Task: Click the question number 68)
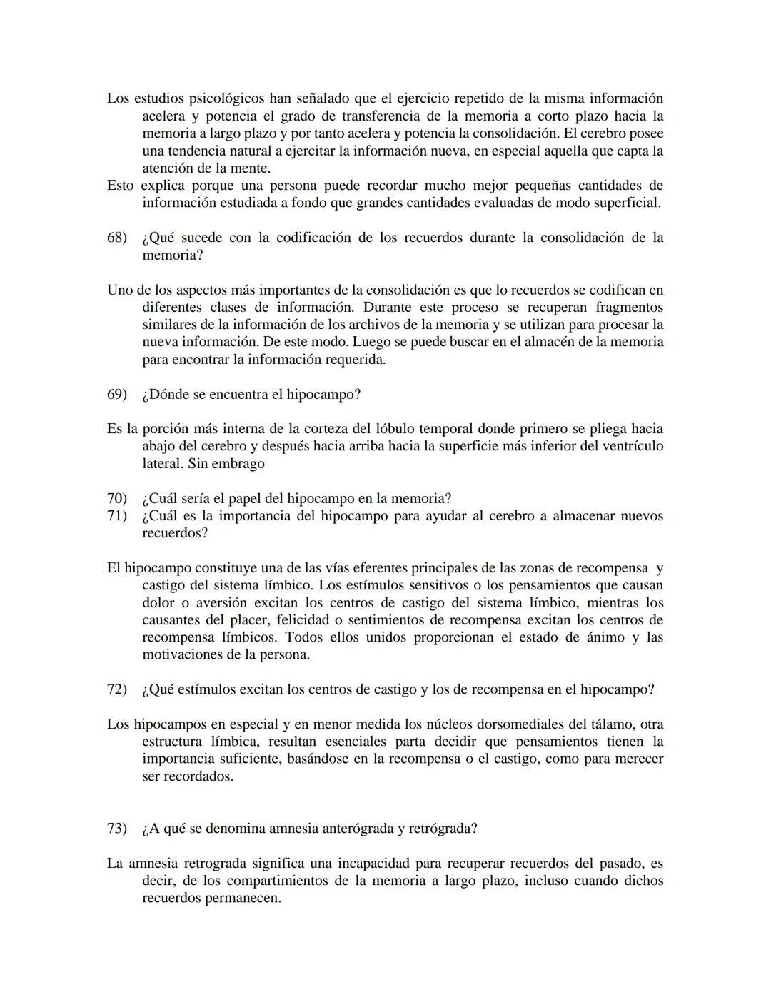116,238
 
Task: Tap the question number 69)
116,395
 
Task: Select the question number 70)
116,499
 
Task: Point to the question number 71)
116,516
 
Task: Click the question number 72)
116,690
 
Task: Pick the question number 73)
116,829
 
